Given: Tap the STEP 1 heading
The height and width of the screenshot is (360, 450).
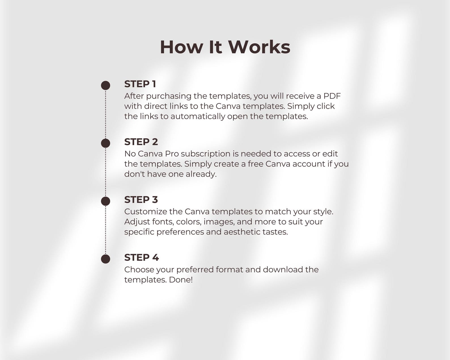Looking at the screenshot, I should [140, 84].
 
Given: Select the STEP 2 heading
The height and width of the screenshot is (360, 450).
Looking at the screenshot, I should [141, 142].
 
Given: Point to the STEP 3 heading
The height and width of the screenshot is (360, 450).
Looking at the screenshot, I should [141, 200].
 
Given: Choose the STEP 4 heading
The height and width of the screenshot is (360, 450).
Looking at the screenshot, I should [141, 257].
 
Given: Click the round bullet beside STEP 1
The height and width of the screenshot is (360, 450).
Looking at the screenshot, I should [105, 85].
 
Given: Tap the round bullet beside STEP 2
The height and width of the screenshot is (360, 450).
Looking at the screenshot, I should [105, 143].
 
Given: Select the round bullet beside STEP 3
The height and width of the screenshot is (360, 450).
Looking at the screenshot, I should [105, 201].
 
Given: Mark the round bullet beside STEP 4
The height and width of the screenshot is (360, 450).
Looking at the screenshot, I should [105, 259].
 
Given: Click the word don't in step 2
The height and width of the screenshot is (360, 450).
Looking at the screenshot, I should [134, 174].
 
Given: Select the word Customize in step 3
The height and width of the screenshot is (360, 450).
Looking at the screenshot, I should [145, 212].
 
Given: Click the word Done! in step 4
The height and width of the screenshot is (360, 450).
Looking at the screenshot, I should [181, 280].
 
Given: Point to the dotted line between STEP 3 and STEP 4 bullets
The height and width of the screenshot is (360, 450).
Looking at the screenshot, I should [105, 230].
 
